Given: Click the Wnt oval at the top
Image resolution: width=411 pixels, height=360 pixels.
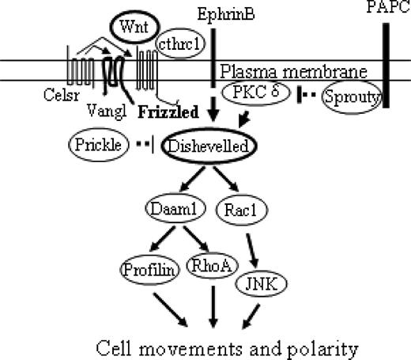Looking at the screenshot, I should tap(133, 25).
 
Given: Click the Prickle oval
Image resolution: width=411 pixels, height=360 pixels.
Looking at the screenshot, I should tap(97, 146).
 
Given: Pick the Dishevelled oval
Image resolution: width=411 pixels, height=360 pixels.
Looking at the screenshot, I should tap(201, 146).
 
